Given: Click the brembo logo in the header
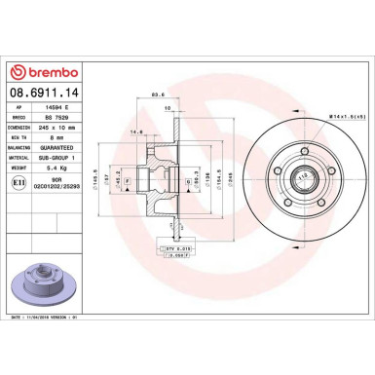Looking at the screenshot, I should pos(43,72).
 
